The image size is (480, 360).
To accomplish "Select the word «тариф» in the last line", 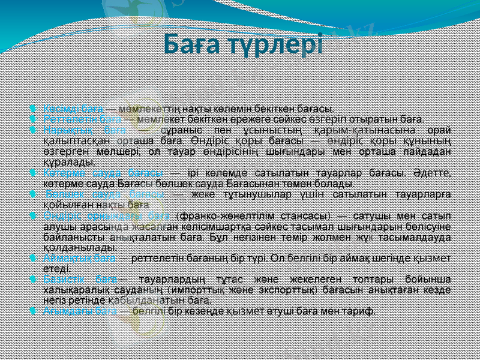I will pyautogui.click(x=359, y=311).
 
